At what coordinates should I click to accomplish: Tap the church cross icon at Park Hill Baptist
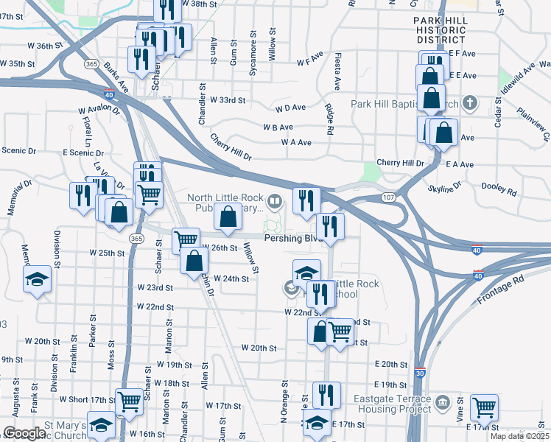click(472, 103)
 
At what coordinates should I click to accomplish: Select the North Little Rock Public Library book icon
click(275, 200)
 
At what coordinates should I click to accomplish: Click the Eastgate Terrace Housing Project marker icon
click(442, 402)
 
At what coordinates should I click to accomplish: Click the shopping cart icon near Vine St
click(484, 406)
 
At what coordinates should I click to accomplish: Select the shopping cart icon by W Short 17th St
click(129, 402)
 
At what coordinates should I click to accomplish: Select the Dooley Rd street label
click(500, 189)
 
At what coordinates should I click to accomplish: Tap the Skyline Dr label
click(445, 186)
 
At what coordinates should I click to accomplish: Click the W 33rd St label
click(227, 99)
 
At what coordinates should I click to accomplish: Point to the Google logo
click(24, 433)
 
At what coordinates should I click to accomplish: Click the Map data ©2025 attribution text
click(519, 436)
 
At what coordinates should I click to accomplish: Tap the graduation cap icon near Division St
click(36, 279)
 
